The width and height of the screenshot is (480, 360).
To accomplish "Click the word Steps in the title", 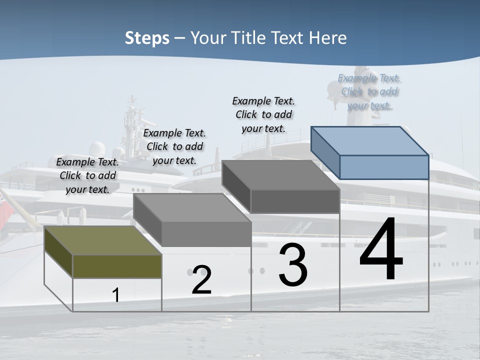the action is point(147,38).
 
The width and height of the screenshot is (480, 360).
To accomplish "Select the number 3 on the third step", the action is point(293,264).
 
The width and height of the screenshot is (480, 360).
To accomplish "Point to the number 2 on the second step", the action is point(201,280).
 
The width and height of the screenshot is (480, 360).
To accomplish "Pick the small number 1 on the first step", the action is point(116,295).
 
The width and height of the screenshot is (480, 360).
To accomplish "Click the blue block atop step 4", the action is point(370,152).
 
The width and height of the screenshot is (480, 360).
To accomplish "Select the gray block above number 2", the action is point(192,220).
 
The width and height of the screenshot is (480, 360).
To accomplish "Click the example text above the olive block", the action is point(87,175).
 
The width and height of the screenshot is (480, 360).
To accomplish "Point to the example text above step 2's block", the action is point(174,146).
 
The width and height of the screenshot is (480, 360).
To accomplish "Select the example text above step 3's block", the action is point(263,114).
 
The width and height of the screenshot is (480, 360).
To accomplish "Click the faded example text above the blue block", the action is point(369,91).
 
